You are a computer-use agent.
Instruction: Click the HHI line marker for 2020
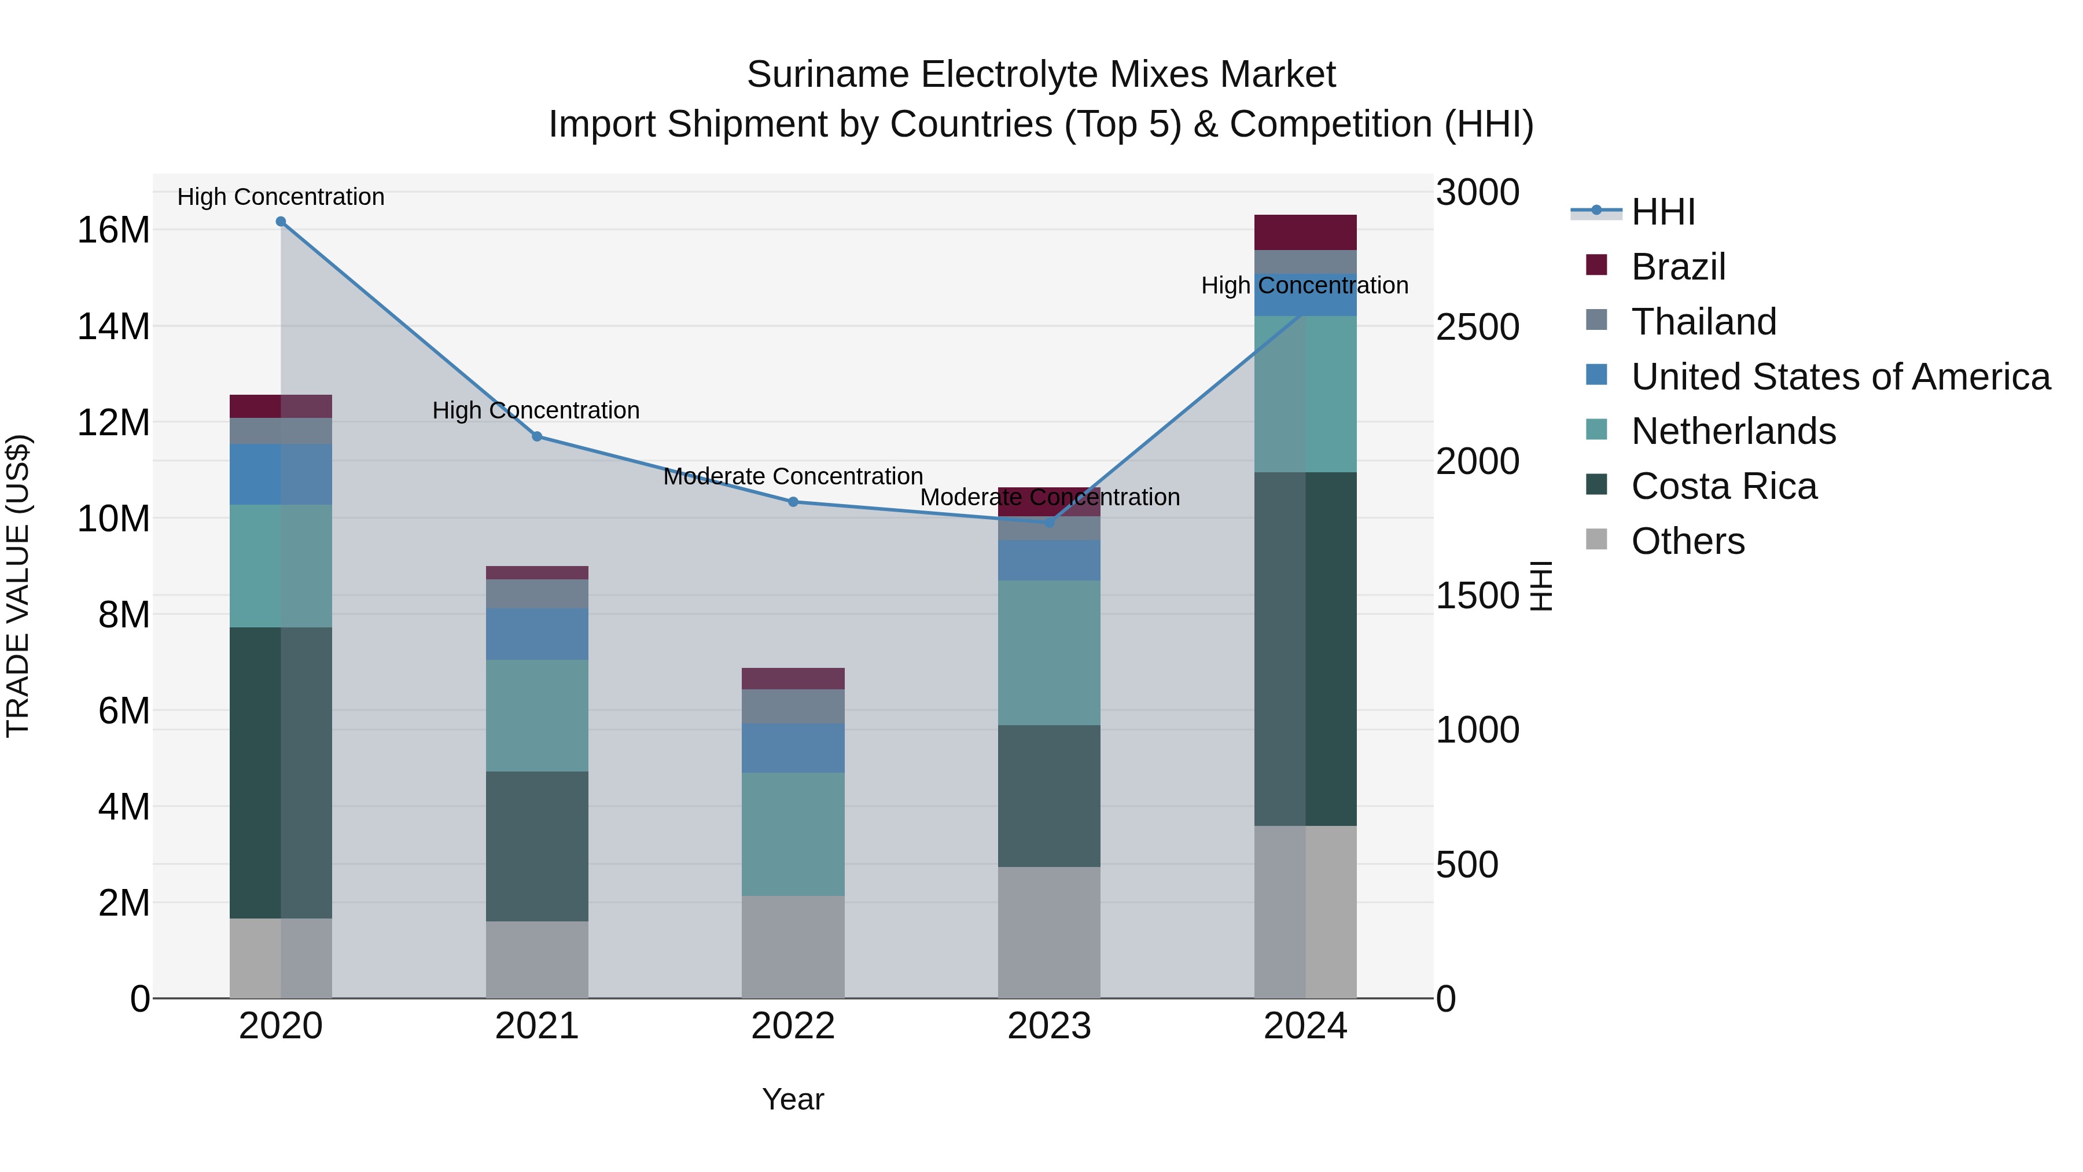pos(281,222)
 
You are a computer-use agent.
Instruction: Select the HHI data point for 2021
pos(537,437)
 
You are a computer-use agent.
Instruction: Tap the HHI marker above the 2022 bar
pos(793,502)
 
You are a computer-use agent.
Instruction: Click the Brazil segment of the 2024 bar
pos(1305,232)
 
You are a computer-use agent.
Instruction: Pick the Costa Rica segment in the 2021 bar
pos(537,846)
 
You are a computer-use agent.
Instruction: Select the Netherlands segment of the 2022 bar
pos(793,834)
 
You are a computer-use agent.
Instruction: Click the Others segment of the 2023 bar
pos(1049,932)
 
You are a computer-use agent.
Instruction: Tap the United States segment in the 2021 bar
pos(537,634)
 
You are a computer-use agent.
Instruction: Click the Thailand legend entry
pos(1703,322)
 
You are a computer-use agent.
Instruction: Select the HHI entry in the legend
pos(1662,212)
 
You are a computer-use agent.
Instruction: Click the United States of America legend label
pos(1841,377)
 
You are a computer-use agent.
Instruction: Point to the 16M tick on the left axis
pos(113,230)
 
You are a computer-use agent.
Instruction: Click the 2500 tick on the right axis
pos(1477,328)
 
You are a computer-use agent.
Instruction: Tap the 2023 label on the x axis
pos(1049,1026)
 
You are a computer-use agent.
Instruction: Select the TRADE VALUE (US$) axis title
pos(18,586)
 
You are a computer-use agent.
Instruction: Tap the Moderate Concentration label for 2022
pos(793,476)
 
